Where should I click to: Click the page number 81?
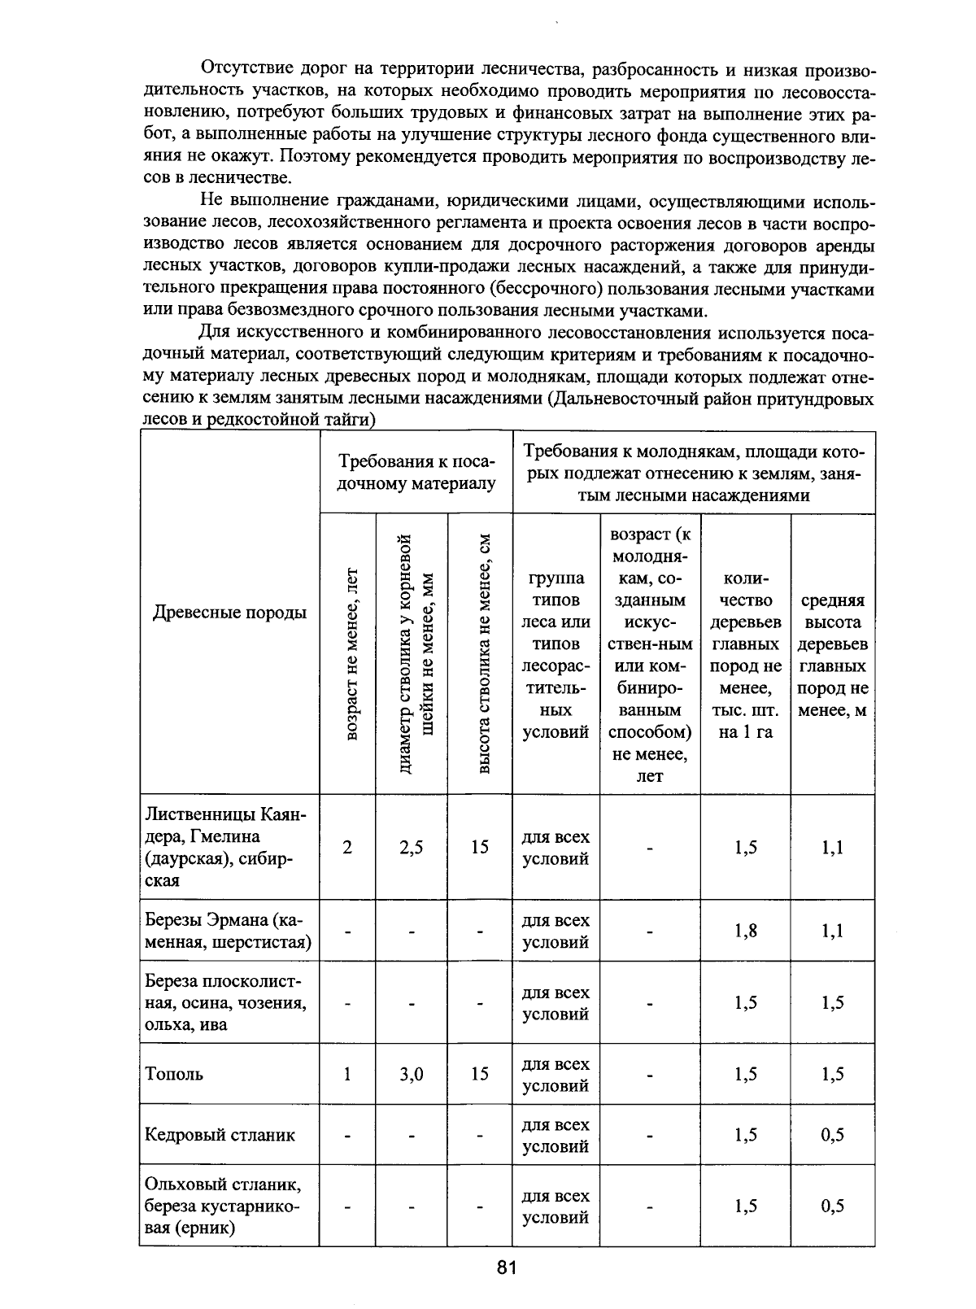[x=506, y=1268]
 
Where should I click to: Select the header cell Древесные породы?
[x=229, y=613]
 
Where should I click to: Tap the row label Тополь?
[x=174, y=1074]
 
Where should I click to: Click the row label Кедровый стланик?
[x=220, y=1135]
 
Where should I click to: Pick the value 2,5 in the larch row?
[x=412, y=848]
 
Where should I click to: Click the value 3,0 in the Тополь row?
[x=412, y=1074]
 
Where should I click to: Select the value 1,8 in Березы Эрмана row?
[x=746, y=931]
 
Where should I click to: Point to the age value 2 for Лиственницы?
[x=347, y=848]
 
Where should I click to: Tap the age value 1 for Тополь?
[x=347, y=1074]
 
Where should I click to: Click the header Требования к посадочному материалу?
[x=416, y=473]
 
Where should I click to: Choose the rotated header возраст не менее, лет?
[x=351, y=653]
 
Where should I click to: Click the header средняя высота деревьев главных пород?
[x=833, y=655]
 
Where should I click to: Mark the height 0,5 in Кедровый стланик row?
[x=832, y=1135]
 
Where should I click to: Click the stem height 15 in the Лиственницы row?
[x=480, y=848]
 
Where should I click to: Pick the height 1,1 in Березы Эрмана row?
[x=832, y=931]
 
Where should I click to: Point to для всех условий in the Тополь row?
[x=556, y=1074]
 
